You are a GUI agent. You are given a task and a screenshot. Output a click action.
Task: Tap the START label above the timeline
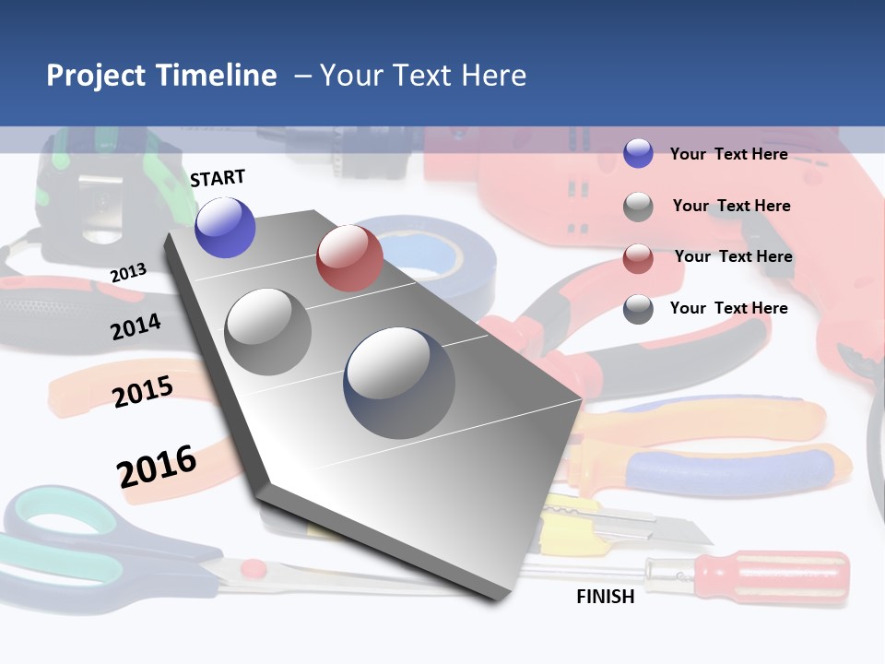point(218,178)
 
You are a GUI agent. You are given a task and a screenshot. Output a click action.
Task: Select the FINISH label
point(605,597)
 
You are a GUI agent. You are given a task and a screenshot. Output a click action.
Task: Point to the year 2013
point(129,273)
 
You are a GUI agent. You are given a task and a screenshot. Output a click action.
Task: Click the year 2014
point(136,326)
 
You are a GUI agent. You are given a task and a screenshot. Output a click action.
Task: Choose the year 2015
point(143,392)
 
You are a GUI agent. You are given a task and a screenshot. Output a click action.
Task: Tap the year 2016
point(157,466)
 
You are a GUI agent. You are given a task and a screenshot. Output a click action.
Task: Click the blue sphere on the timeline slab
point(225,227)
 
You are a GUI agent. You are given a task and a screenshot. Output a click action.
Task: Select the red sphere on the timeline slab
point(349,258)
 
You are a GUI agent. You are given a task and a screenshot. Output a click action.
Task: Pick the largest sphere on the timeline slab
point(399,383)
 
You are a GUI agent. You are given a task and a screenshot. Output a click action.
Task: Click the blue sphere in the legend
point(638,154)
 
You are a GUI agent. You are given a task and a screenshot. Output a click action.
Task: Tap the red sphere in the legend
point(638,258)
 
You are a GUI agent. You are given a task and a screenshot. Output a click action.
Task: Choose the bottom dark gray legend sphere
point(638,309)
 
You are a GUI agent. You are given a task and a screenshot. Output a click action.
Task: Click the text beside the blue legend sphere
point(728,154)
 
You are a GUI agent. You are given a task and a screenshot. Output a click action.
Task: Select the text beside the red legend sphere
point(733,256)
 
